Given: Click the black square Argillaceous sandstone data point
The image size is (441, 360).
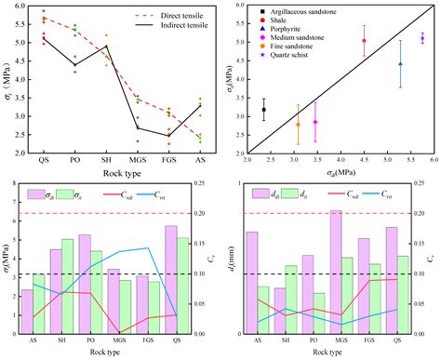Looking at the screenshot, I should [x=264, y=110].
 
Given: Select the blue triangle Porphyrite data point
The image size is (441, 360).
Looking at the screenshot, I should [x=400, y=63].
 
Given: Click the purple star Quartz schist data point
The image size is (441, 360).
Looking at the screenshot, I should [x=422, y=38].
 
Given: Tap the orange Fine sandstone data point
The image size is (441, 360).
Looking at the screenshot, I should [x=298, y=124].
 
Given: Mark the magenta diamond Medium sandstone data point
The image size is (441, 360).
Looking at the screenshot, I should [x=315, y=123].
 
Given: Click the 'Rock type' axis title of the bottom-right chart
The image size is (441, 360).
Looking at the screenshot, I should [x=332, y=353].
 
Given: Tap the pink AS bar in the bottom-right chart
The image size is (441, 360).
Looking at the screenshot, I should [x=251, y=283].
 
